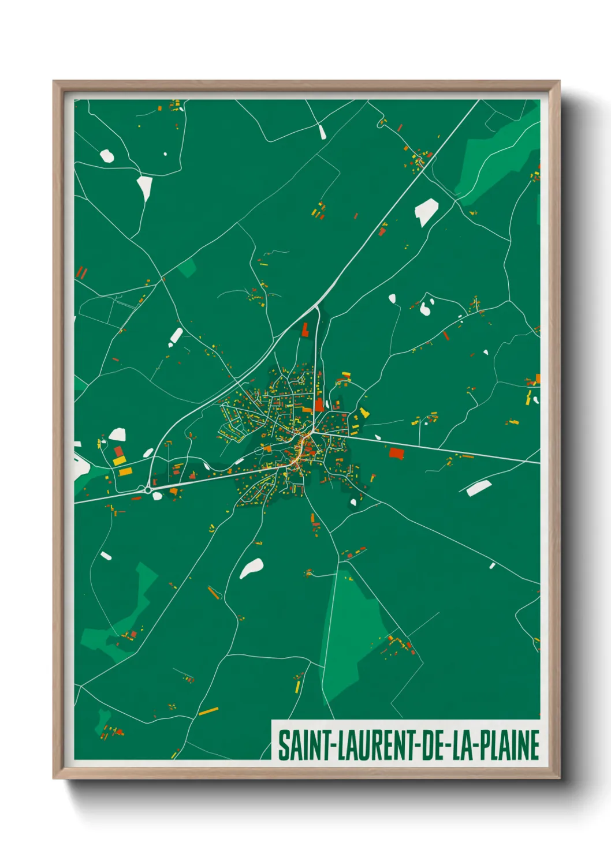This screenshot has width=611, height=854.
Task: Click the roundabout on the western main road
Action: click(x=148, y=490)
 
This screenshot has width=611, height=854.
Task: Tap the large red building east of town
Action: click(x=396, y=453)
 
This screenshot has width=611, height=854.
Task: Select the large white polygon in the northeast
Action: click(x=426, y=211)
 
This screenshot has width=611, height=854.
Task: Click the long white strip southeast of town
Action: click(x=478, y=488)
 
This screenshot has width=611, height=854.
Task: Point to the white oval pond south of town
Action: click(x=252, y=568)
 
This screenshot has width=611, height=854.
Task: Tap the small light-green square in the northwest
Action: click(x=187, y=268)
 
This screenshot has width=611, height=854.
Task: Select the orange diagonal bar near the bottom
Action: click(x=208, y=711)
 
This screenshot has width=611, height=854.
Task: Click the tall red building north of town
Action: click(x=305, y=329)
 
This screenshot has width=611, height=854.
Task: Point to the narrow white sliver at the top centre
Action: click(x=322, y=132)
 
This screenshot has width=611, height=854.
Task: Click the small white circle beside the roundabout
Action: click(x=157, y=496)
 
